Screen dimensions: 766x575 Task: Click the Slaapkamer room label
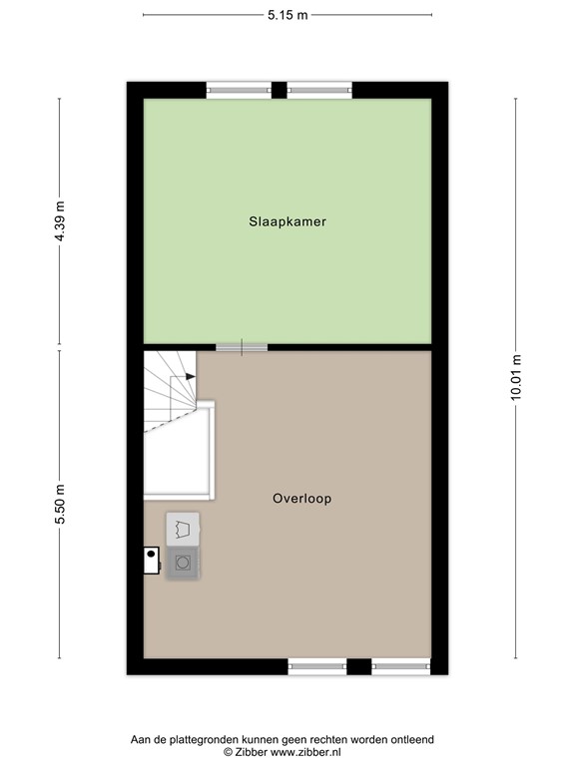287,222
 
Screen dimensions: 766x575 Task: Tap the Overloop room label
301,498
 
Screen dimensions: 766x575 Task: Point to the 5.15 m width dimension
287,15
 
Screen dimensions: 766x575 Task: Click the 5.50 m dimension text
59,505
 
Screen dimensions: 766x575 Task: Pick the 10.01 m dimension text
516,377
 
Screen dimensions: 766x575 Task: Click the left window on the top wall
239,90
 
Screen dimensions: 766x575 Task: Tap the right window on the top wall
319,90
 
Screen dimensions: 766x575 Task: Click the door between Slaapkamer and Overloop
242,347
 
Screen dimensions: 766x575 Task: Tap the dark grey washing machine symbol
183,563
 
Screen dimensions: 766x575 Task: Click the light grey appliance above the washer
182,529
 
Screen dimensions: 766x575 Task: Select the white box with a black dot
152,560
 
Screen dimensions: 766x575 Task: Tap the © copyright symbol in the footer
228,751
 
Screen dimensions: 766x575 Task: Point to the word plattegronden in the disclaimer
214,739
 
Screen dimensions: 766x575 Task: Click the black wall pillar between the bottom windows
359,665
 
